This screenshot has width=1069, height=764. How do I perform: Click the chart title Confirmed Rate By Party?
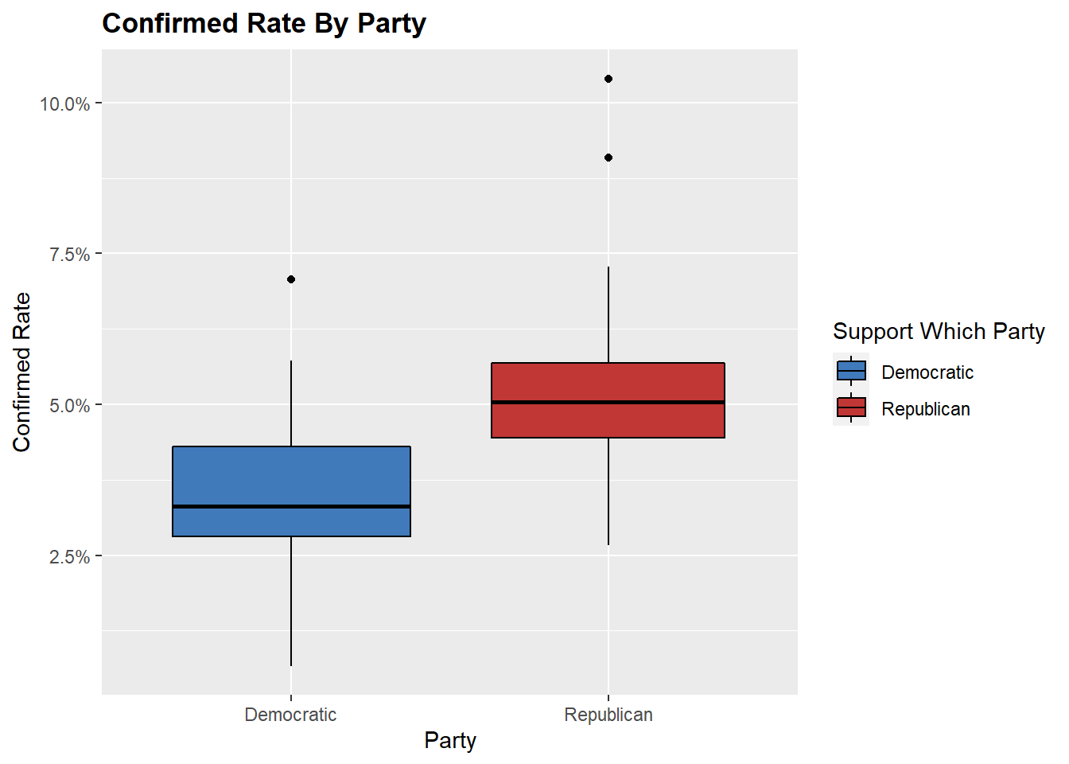click(264, 24)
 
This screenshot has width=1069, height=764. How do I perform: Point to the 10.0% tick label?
click(64, 104)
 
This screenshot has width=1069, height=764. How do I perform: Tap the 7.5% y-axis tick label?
click(69, 255)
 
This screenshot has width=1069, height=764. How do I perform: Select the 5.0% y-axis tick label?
click(69, 406)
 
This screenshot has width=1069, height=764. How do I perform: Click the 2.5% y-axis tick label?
click(69, 557)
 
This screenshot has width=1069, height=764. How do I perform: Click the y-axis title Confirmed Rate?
click(21, 372)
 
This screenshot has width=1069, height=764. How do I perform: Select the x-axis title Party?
click(450, 741)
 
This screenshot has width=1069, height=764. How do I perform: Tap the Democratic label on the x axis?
click(290, 715)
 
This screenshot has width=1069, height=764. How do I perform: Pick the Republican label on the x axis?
click(608, 715)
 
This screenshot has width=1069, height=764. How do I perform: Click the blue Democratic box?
click(291, 477)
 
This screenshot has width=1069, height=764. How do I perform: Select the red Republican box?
click(608, 382)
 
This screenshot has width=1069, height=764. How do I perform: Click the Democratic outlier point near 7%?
click(291, 279)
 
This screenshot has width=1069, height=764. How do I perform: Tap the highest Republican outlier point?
click(608, 79)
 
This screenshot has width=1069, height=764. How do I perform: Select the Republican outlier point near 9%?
click(608, 158)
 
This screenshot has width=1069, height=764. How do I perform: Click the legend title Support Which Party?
click(939, 332)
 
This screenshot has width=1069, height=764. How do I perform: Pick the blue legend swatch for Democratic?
click(851, 372)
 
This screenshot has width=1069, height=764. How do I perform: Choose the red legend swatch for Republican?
click(851, 408)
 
